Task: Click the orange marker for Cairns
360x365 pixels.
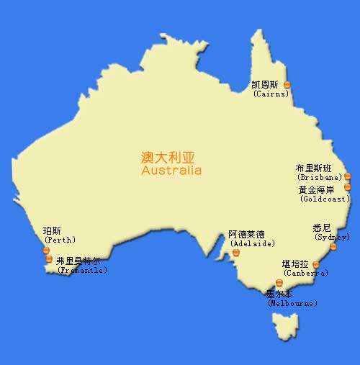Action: coord(287,85)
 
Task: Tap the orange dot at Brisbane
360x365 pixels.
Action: coord(346,176)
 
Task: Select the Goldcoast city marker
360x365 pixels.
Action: coord(347,187)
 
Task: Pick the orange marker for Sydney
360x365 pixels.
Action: coord(333,247)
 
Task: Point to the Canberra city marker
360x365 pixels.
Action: coord(315,265)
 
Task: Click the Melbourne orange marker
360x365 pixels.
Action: coord(279,283)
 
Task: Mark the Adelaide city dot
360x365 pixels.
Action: coord(235,252)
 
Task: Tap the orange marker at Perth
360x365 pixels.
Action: coord(47,250)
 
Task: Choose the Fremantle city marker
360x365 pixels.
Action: coord(48,259)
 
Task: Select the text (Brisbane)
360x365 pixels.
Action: coord(319,177)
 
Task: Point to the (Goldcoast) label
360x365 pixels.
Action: coord(325,199)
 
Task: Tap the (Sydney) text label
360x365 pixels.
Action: coord(332,237)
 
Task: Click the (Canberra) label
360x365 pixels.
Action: coord(305,274)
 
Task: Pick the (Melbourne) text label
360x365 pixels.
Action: coord(292,304)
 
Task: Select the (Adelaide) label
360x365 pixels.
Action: coord(252,244)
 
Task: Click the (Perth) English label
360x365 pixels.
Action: coord(59,240)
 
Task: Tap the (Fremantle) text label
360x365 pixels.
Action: coord(81,271)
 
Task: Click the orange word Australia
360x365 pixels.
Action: coord(171,171)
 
